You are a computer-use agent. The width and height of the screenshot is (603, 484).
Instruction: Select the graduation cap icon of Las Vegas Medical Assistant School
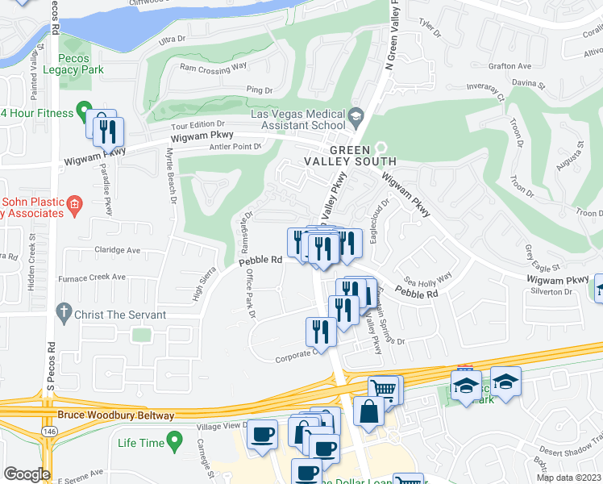pos(355,119)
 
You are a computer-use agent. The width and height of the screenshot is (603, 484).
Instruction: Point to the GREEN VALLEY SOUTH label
pos(349,156)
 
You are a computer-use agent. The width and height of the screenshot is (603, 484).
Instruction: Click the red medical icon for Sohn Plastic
pos(74,203)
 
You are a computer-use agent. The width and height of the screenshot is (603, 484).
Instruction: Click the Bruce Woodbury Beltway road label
pos(116,415)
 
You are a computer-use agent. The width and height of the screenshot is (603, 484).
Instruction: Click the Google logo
pos(27,474)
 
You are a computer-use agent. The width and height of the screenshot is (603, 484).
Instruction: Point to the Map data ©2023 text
pos(568,478)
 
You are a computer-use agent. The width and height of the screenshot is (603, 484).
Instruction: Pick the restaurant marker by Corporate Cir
pos(321,332)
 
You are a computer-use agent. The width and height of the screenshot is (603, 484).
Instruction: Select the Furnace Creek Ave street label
pos(96,277)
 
